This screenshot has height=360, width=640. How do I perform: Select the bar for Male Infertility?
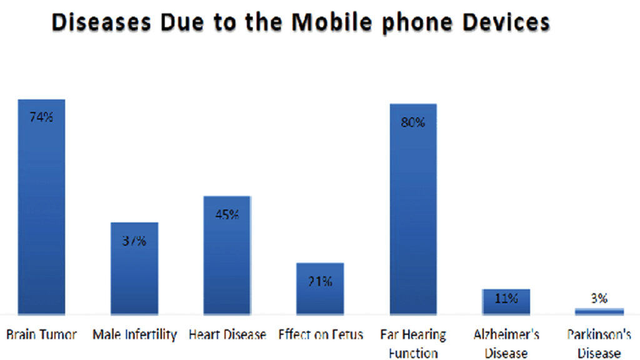point(134,275)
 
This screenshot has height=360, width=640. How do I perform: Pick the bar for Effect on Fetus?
point(320,294)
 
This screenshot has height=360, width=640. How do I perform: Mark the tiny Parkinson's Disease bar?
point(599,311)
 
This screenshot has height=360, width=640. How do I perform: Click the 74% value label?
point(41,117)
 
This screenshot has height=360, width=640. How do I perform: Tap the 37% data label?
point(134,241)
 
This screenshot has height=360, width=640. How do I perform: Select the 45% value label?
point(227,215)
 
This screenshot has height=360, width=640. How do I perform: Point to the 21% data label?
point(320,281)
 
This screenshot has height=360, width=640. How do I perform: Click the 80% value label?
point(413,122)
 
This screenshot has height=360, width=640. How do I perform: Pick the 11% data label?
point(506,299)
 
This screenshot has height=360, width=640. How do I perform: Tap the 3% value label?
point(599,299)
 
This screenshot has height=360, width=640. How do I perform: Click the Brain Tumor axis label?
point(41,335)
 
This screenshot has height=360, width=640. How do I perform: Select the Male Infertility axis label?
point(134,335)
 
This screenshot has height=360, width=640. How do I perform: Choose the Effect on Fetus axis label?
point(320,335)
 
